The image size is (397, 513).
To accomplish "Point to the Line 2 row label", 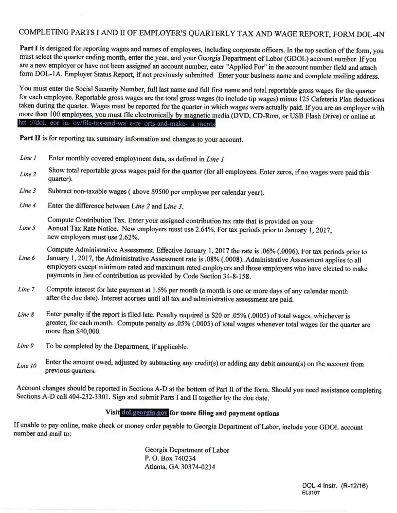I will pos(28,174).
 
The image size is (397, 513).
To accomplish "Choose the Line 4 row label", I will pos(28,205).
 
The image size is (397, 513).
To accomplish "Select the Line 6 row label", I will pos(27,258).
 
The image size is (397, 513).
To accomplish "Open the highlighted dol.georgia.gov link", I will pos(144,413).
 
